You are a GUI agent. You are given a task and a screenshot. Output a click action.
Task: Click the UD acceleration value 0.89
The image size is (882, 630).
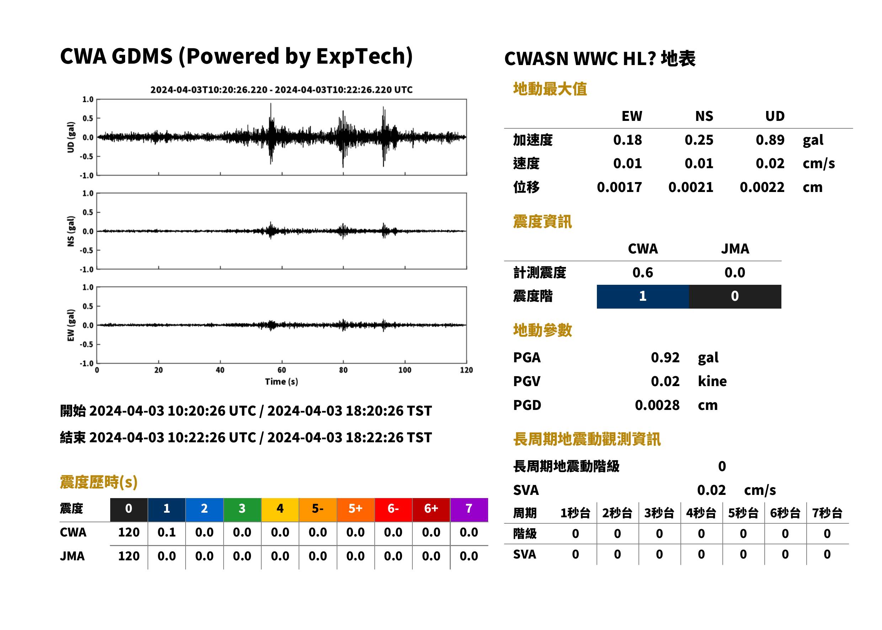[770, 140]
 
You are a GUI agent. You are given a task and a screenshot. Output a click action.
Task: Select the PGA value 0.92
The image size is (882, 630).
[665, 358]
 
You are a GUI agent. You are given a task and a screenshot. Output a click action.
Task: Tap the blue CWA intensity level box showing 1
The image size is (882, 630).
[643, 297]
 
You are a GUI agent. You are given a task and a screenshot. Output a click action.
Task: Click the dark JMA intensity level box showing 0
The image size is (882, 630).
[735, 297]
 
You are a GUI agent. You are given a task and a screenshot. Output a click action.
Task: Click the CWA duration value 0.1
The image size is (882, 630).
[167, 532]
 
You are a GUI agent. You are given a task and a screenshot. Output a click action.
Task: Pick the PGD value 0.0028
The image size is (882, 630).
[657, 405]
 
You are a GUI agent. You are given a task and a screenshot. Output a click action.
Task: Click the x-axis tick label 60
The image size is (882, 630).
[282, 370]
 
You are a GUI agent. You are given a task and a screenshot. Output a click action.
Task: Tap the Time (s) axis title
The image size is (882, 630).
[282, 382]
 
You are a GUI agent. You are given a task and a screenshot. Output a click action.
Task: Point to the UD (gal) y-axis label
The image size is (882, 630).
[71, 137]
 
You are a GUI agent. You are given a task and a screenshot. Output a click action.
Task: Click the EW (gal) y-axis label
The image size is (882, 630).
[71, 325]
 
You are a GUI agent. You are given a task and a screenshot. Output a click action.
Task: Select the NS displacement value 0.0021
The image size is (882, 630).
[691, 187]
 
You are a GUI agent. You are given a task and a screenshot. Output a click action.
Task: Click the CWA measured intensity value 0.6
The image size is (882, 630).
[643, 273]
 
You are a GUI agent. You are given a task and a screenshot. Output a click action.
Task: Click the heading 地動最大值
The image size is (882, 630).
[550, 89]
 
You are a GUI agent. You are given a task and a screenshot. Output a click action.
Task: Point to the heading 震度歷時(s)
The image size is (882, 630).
[99, 482]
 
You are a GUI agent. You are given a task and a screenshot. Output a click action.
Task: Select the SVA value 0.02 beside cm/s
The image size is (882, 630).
[711, 490]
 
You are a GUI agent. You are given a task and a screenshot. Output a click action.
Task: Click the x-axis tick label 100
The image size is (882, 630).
[405, 370]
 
